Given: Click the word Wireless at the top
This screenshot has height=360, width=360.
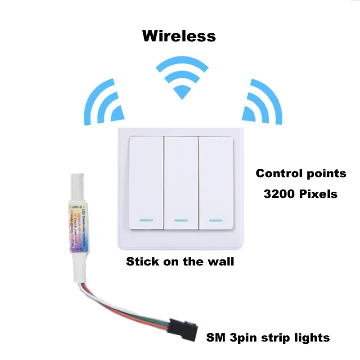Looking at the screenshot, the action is [179, 35].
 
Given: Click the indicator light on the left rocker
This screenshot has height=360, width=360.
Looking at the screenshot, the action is [146, 220].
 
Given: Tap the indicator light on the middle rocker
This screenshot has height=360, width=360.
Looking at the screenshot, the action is [181, 221].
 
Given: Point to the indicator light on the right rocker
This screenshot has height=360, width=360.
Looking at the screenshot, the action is [216, 220].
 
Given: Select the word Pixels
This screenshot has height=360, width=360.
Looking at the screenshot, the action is [319, 194].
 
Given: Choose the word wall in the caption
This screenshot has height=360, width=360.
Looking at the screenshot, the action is [222, 261].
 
